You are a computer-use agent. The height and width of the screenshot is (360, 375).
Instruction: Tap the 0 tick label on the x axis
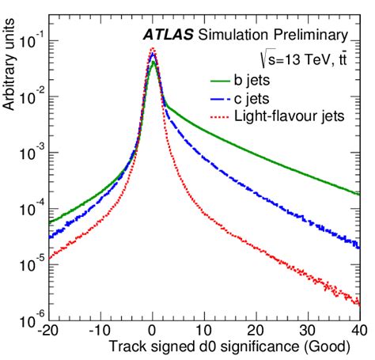click(152, 330)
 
